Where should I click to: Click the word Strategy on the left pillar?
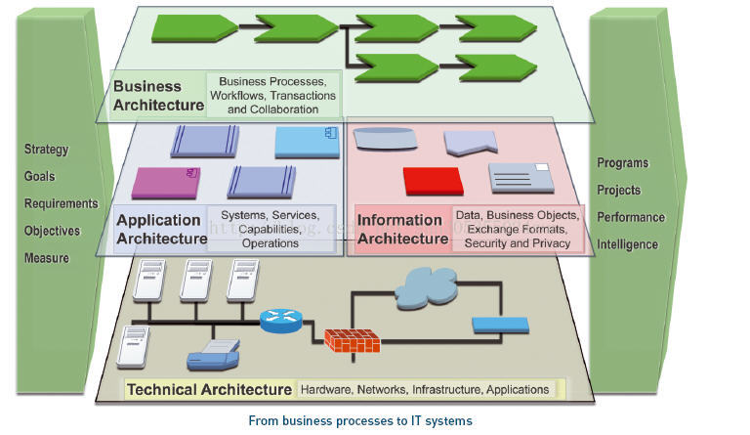click(x=47, y=150)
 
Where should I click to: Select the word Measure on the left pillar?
click(x=47, y=258)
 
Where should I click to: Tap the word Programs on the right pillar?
click(x=622, y=163)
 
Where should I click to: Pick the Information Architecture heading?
click(x=402, y=230)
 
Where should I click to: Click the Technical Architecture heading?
click(x=209, y=389)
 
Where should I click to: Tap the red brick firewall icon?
click(x=352, y=339)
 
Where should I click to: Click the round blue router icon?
click(x=282, y=319)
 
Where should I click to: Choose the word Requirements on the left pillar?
click(x=61, y=204)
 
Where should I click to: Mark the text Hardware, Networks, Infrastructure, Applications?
click(x=424, y=390)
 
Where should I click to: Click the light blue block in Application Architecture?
click(x=307, y=143)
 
